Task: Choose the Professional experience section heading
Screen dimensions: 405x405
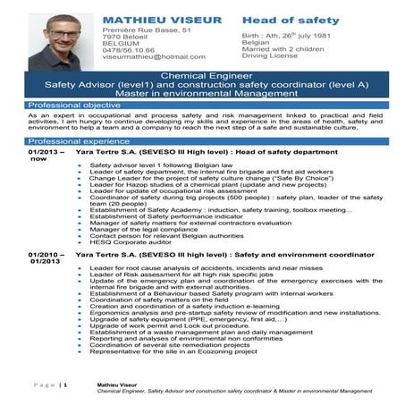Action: click(79, 141)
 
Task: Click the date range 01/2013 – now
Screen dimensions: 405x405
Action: click(44, 156)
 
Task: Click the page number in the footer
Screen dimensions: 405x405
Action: click(63, 384)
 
